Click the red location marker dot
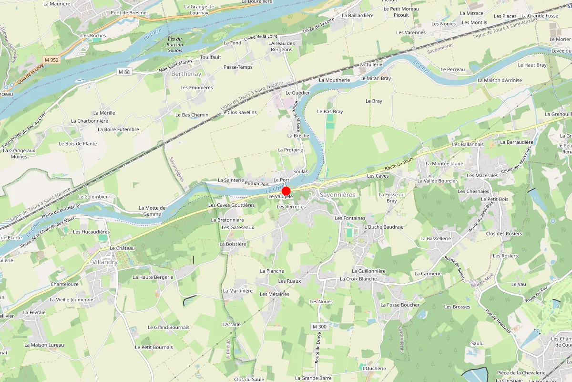pos(286,190)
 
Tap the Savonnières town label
pos(338,195)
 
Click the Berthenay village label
pos(186,74)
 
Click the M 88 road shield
pos(124,72)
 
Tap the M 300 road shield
pos(320,327)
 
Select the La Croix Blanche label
pos(358,279)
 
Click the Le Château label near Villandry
pos(123,248)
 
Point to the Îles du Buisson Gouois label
pos(175,45)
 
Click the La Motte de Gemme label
pos(152,211)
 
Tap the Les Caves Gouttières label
pos(231,205)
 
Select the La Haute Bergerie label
pos(153,277)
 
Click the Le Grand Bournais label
pos(168,328)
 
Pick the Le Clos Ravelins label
pos(239,112)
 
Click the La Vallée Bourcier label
pos(437,181)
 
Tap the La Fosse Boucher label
pos(400,305)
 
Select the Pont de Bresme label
pos(128,13)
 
